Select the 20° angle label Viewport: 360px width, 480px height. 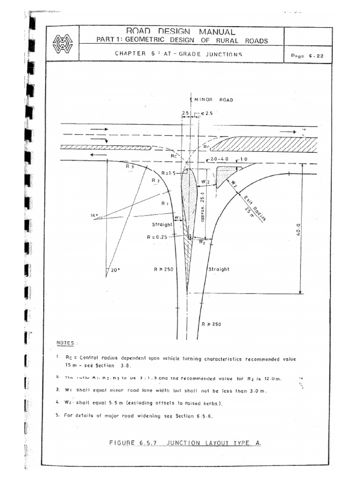point(115,270)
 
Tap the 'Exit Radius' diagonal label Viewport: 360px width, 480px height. point(255,208)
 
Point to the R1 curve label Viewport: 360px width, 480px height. point(165,203)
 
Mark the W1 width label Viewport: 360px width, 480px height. point(177,218)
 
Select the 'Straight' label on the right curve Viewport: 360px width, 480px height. point(218,269)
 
